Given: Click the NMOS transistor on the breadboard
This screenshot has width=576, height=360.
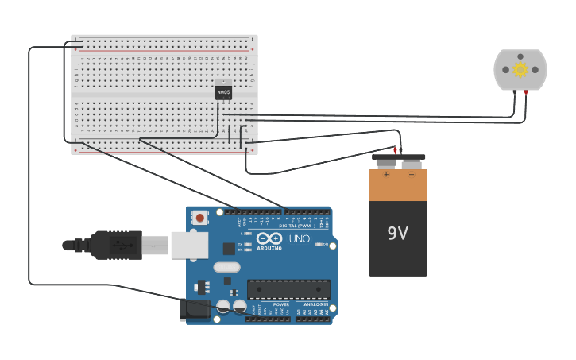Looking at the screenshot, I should click(x=223, y=92).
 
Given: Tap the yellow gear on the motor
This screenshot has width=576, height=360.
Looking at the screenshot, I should click(x=520, y=69).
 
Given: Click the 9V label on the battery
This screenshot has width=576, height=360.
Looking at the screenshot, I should click(x=397, y=234).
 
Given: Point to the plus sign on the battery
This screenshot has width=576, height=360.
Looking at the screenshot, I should click(x=387, y=174).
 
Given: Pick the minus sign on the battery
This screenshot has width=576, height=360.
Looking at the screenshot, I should click(x=411, y=174).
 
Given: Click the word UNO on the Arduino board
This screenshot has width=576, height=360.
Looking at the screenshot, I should click(x=300, y=238).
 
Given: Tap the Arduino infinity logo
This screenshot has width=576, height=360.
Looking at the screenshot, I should click(x=269, y=238).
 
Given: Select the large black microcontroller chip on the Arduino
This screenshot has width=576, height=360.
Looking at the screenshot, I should click(x=288, y=289).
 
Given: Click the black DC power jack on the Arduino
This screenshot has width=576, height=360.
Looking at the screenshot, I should click(x=195, y=309).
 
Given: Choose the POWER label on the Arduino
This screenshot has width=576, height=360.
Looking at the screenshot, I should click(x=281, y=304).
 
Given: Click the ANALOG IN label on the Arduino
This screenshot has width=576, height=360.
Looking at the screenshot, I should click(x=315, y=304).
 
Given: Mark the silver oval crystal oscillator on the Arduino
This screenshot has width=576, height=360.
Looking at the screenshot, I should click(x=226, y=267).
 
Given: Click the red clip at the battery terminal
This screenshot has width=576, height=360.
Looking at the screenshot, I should click(x=395, y=149).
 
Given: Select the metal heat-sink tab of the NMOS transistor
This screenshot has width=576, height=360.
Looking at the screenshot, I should click(x=223, y=83).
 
